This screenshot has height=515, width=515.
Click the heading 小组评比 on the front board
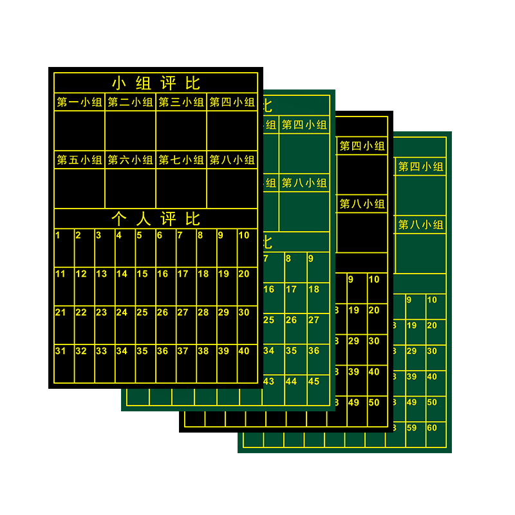(156, 83)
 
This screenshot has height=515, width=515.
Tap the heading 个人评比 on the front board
(156, 219)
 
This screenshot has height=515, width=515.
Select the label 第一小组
(79, 102)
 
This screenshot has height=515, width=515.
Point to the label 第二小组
(130, 102)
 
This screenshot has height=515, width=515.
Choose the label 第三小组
(181, 102)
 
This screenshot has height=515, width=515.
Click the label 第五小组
(79, 160)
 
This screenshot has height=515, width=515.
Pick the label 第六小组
(130, 160)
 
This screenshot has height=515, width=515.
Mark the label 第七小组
(181, 160)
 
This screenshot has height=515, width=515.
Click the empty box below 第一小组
(79, 130)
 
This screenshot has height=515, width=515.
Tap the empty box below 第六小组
(130, 188)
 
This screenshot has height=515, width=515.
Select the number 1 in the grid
(58, 236)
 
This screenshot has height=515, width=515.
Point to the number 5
(139, 236)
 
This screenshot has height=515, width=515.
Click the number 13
(101, 274)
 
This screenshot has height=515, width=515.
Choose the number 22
(80, 313)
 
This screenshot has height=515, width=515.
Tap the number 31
(61, 351)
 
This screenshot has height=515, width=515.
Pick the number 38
(203, 351)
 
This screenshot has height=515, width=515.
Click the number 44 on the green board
(291, 382)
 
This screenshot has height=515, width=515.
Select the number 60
(431, 428)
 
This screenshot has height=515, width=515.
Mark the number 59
(412, 428)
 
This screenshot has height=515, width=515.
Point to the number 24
(122, 313)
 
